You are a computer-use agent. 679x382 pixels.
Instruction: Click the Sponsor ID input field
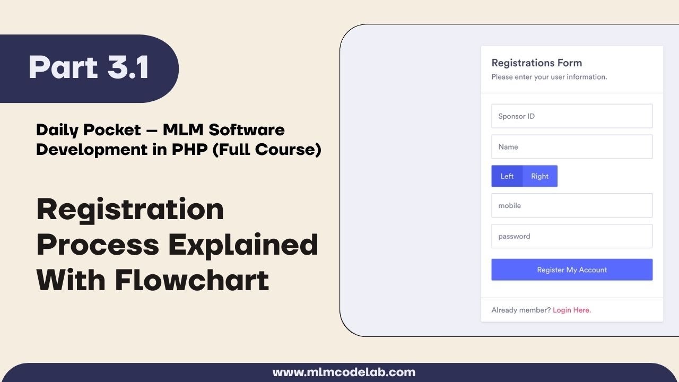tap(571, 116)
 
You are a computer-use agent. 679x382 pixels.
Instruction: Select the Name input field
tap(571, 147)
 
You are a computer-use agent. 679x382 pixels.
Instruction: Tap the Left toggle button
tap(507, 176)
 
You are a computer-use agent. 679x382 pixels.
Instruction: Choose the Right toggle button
tap(540, 176)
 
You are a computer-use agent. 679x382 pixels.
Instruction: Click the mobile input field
tap(571, 205)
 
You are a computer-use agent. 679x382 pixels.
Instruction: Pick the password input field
tap(571, 236)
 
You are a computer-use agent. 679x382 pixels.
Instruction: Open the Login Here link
tap(572, 310)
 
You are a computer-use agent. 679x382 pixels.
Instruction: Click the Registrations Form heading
tap(536, 63)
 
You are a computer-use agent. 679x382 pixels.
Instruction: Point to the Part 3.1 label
tap(89, 68)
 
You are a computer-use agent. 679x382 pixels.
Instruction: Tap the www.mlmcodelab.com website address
tap(344, 372)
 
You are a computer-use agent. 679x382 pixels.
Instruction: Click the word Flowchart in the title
tap(192, 280)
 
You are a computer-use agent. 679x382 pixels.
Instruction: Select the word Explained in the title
tap(243, 245)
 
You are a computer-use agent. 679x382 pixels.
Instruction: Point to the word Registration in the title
tap(130, 209)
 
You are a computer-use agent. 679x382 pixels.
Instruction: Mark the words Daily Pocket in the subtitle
tap(88, 129)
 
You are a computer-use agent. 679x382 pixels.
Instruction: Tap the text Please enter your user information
tap(549, 77)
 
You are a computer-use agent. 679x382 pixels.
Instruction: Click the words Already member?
tap(521, 310)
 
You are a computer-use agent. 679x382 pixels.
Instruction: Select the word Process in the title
tap(98, 245)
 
